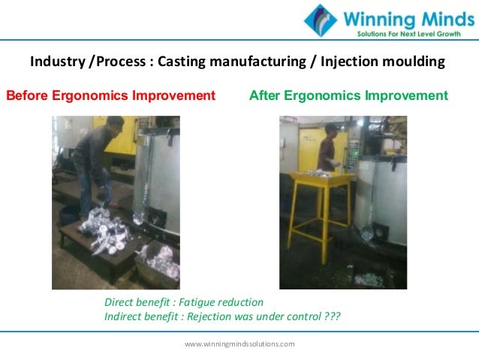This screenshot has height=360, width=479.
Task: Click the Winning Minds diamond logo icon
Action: pyautogui.click(x=321, y=21)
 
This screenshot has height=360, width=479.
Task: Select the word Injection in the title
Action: pyautogui.click(x=346, y=61)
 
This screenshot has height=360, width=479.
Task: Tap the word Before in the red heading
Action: pyautogui.click(x=25, y=95)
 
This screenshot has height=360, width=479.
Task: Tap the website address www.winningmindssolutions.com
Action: pyautogui.click(x=239, y=343)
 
